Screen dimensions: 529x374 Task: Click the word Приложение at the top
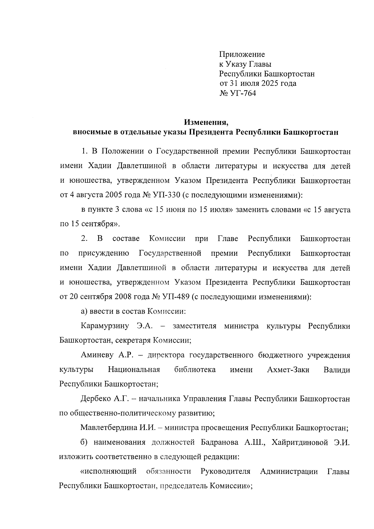pos(242,55)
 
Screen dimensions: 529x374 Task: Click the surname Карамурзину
pos(104,326)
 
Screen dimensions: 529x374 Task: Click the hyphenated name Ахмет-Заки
pos(288,370)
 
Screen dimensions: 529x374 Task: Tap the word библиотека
pos(195,370)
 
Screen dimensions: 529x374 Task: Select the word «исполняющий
pos(108,471)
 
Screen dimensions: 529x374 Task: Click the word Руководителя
pos(225,471)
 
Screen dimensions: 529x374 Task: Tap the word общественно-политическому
pos(131,413)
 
